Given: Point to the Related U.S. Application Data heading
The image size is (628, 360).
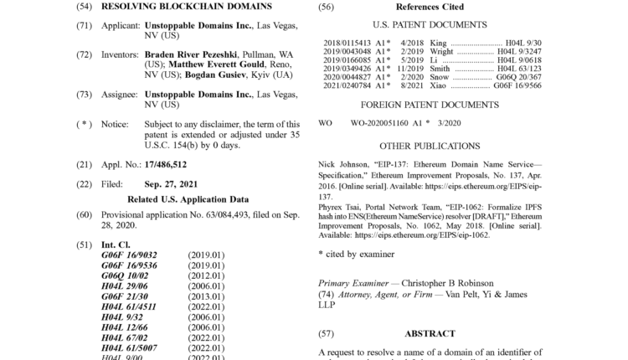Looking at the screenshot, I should [x=188, y=199].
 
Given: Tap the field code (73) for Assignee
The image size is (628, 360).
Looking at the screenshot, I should [x=84, y=95].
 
